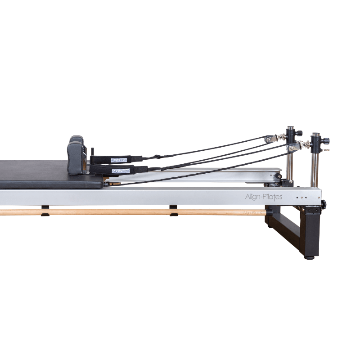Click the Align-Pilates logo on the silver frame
264,197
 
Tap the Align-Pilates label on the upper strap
119,160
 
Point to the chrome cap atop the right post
315,135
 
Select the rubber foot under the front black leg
309,257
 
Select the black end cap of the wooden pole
269,211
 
